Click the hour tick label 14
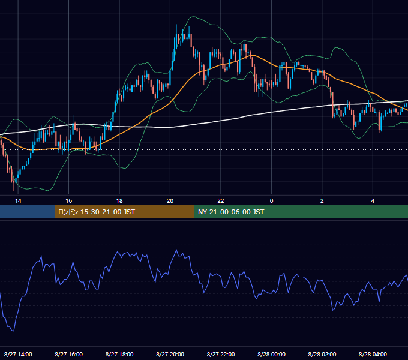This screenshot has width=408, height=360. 18,201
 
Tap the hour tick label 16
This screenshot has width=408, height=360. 68,201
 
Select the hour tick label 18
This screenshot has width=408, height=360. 119,201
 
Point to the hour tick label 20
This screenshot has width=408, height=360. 170,201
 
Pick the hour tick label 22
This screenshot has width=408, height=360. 221,201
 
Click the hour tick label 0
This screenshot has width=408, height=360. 271,201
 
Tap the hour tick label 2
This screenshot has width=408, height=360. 322,201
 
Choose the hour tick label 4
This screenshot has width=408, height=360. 373,201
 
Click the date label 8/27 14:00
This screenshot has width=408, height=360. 18,354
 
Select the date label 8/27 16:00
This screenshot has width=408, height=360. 68,354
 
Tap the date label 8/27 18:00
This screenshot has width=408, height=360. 119,354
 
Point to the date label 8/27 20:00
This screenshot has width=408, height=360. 170,354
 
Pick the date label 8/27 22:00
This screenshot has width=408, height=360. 221,354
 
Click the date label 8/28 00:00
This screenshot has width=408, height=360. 271,354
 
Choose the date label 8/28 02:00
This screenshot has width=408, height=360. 322,354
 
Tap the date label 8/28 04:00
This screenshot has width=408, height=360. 373,354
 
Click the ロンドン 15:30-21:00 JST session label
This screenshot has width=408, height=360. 96,212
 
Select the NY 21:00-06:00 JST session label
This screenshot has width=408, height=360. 231,212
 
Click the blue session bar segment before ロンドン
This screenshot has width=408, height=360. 28,212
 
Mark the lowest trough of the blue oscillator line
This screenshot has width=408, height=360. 13,331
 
